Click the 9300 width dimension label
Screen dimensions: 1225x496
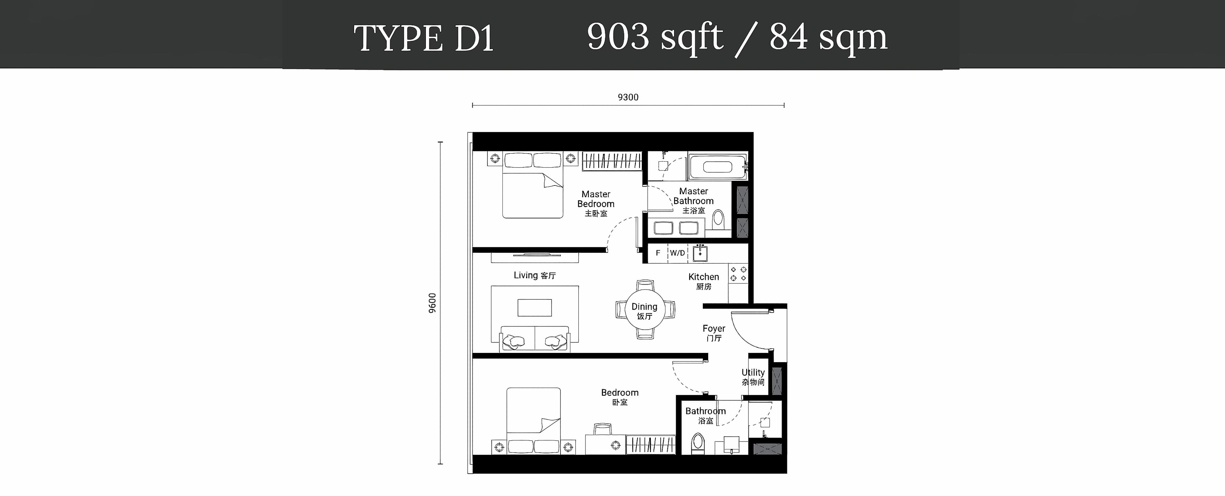coord(628,98)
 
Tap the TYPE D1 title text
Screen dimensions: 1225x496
coord(424,38)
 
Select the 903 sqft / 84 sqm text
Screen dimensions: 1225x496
coord(737,37)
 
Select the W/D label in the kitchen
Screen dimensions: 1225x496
coord(677,253)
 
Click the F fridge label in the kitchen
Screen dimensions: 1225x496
coord(658,253)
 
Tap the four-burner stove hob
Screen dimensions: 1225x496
coord(738,273)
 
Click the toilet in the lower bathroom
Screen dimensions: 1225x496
coord(697,444)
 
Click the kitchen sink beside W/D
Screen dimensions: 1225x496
coord(700,253)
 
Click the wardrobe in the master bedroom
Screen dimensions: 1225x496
coord(612,161)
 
